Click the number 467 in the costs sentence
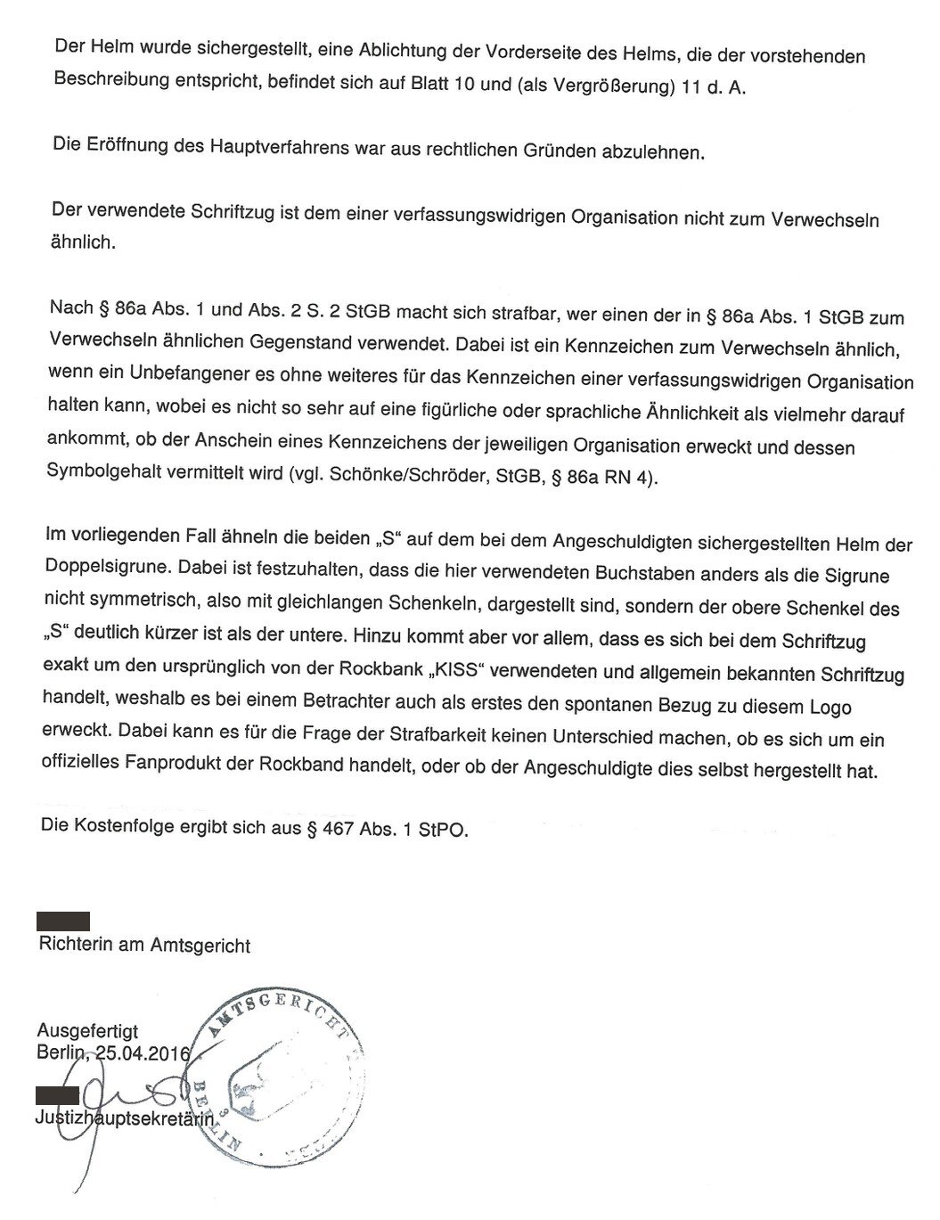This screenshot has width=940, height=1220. click(344, 830)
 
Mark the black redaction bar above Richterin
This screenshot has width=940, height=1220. click(63, 921)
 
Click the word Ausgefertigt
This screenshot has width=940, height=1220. click(87, 1031)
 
